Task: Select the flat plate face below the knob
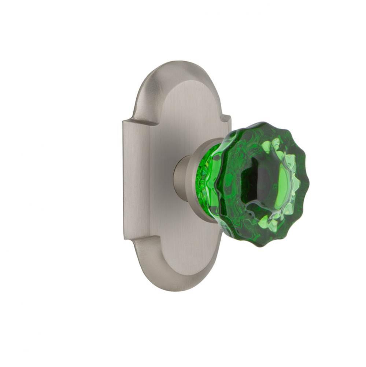[x=180, y=250]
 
